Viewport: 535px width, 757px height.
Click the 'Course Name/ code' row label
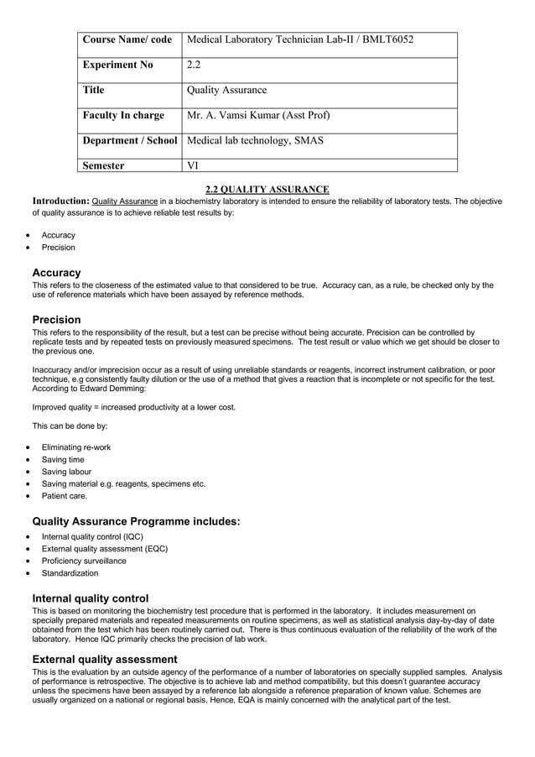(x=127, y=39)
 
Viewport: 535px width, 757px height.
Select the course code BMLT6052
(x=386, y=39)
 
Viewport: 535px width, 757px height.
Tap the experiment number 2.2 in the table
(x=194, y=65)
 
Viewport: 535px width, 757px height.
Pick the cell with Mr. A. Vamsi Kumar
(x=258, y=115)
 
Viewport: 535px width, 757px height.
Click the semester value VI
(x=193, y=165)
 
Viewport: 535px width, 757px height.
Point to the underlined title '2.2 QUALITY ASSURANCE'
(x=267, y=190)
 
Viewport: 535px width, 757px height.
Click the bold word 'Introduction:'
(x=60, y=201)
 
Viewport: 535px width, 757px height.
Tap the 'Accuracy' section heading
(x=56, y=273)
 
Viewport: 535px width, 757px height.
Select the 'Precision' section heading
(x=56, y=320)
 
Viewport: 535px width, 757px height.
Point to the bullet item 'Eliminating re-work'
(x=76, y=447)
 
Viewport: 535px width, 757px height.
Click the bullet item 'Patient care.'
(x=65, y=496)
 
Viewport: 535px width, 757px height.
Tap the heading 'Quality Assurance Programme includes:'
(x=136, y=522)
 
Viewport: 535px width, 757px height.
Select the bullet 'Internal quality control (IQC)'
(x=92, y=536)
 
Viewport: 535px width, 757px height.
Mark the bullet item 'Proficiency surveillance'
(x=84, y=561)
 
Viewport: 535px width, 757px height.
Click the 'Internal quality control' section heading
(x=90, y=598)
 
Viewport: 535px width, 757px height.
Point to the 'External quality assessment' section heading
(x=104, y=660)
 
